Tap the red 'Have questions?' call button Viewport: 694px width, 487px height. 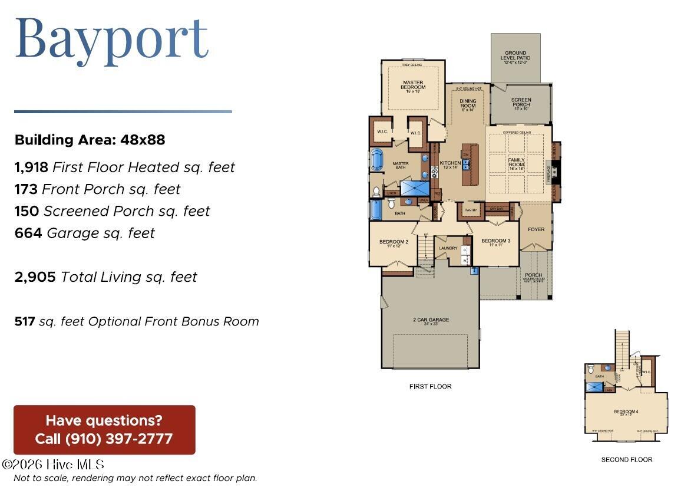point(104,430)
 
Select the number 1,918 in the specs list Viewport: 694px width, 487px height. point(31,167)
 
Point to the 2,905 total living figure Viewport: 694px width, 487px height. point(35,277)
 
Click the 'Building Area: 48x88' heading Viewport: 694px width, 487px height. point(90,140)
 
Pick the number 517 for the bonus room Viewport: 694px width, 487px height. point(25,321)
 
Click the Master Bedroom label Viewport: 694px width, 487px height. point(413,85)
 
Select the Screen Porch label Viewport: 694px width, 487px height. point(521,103)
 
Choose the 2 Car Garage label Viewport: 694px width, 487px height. point(431,320)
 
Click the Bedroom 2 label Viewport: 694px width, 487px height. point(394,242)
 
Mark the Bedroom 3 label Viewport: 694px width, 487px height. point(495,241)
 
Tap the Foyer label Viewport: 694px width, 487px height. point(536,229)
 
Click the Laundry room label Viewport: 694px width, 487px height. point(448,248)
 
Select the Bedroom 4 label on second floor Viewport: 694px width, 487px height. point(626,412)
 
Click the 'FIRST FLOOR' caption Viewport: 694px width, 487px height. point(430,387)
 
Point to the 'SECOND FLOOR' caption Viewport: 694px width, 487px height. point(626,459)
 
